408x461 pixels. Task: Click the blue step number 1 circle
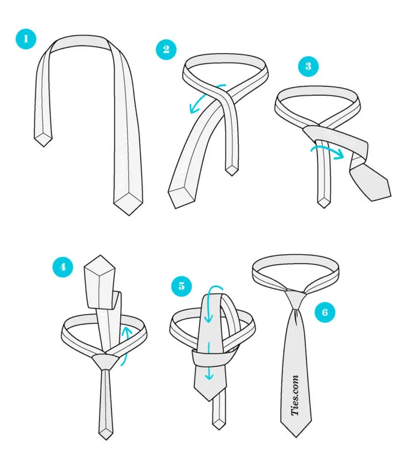point(26,39)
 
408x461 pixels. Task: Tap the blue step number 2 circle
point(166,49)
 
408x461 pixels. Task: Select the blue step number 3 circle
point(308,66)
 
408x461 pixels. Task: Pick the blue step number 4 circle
point(63,267)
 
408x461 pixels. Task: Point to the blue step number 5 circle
point(182,286)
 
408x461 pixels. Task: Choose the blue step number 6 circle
point(325,312)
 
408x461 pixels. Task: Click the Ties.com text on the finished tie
point(295,395)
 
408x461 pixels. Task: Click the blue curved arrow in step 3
point(327,149)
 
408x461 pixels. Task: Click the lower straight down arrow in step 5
point(209,361)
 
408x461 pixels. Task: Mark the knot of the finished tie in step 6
point(296,299)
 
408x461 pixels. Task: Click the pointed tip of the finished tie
point(296,437)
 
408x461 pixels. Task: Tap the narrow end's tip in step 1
point(43,146)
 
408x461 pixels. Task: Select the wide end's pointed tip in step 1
point(129,214)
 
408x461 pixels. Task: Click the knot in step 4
point(105,362)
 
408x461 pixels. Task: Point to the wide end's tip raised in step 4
point(100,256)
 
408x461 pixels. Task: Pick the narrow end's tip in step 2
point(232,175)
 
